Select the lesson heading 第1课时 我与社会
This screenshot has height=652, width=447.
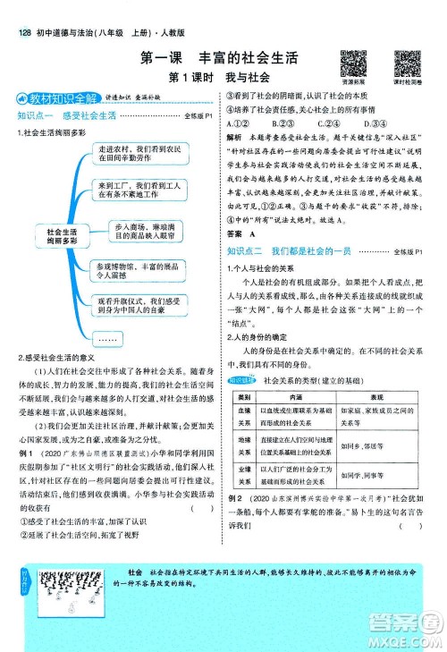tap(219, 79)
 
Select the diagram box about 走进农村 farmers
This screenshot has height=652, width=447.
tap(140, 156)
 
